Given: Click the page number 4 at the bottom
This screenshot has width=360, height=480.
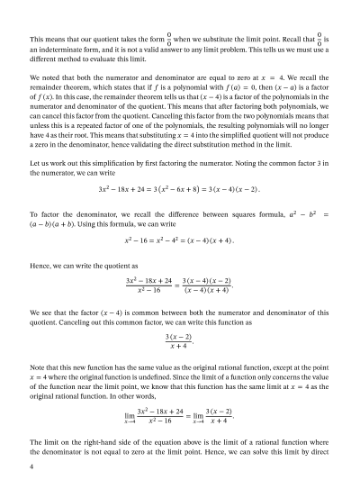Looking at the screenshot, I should [31, 467].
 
